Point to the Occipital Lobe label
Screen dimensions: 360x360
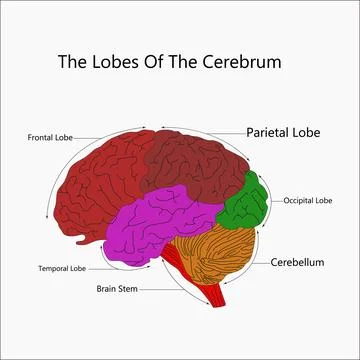[x=306, y=200]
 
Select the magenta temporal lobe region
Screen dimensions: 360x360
[x=160, y=225]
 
